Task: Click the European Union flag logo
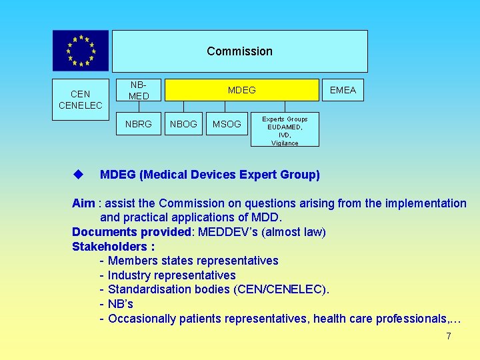click(x=81, y=51)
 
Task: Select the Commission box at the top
click(x=239, y=51)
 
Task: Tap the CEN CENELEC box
click(x=81, y=100)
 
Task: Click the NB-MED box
click(x=139, y=90)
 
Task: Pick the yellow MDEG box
click(x=241, y=90)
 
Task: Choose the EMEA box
click(x=343, y=90)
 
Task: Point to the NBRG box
click(x=139, y=124)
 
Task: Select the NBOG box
click(x=183, y=124)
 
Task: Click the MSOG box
click(x=227, y=124)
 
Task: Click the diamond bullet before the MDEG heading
click(x=78, y=175)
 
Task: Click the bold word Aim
click(x=83, y=203)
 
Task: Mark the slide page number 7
click(x=449, y=337)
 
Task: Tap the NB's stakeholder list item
click(x=121, y=304)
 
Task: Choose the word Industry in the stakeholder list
click(x=130, y=275)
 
